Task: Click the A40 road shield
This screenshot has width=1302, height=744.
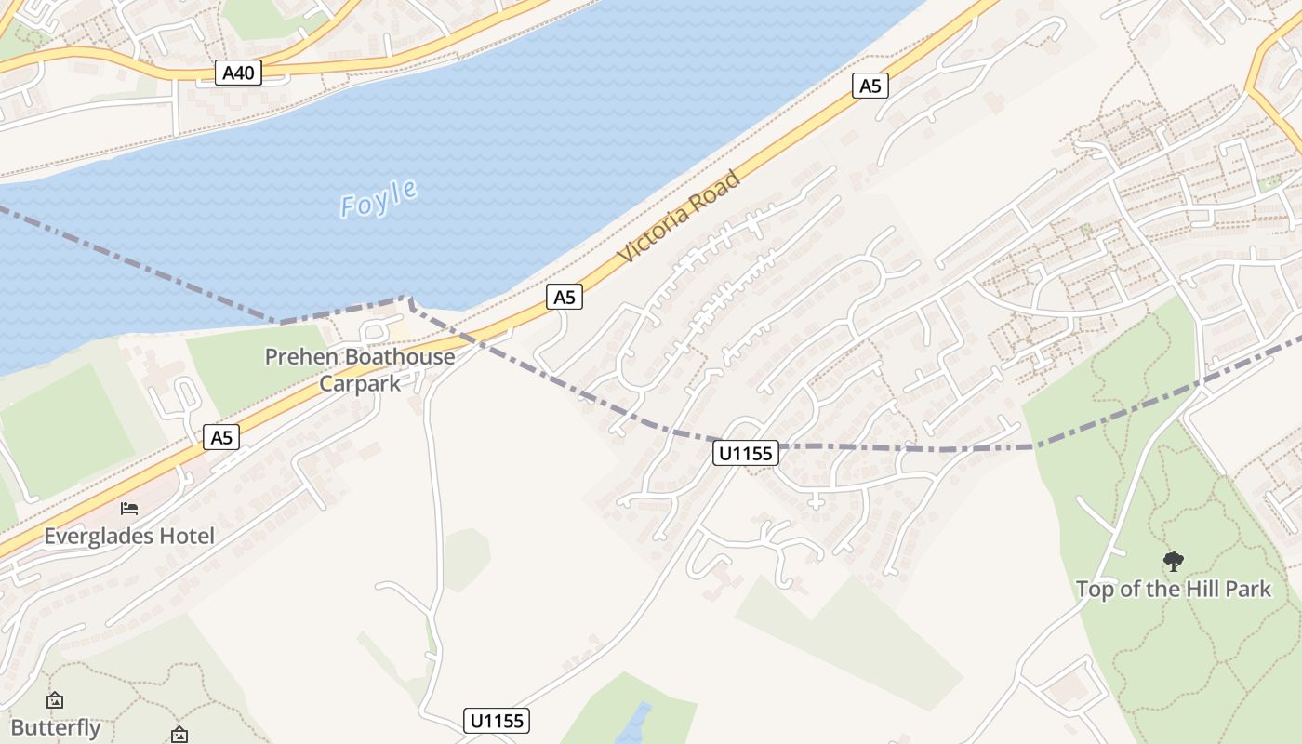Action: click(238, 73)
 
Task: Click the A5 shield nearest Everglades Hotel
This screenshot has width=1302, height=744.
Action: click(221, 437)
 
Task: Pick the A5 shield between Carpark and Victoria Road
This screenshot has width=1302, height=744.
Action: click(565, 298)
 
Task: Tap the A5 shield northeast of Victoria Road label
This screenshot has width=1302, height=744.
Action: click(870, 86)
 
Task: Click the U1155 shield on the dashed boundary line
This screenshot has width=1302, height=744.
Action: click(746, 453)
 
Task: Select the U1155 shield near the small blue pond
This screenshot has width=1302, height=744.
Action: click(497, 720)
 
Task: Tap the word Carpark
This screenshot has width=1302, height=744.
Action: click(360, 383)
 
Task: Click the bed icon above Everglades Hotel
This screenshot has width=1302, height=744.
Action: click(129, 509)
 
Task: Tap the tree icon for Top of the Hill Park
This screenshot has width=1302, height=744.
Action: click(1174, 561)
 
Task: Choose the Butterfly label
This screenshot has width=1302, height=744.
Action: click(56, 727)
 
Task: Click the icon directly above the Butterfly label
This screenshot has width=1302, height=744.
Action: click(55, 700)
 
